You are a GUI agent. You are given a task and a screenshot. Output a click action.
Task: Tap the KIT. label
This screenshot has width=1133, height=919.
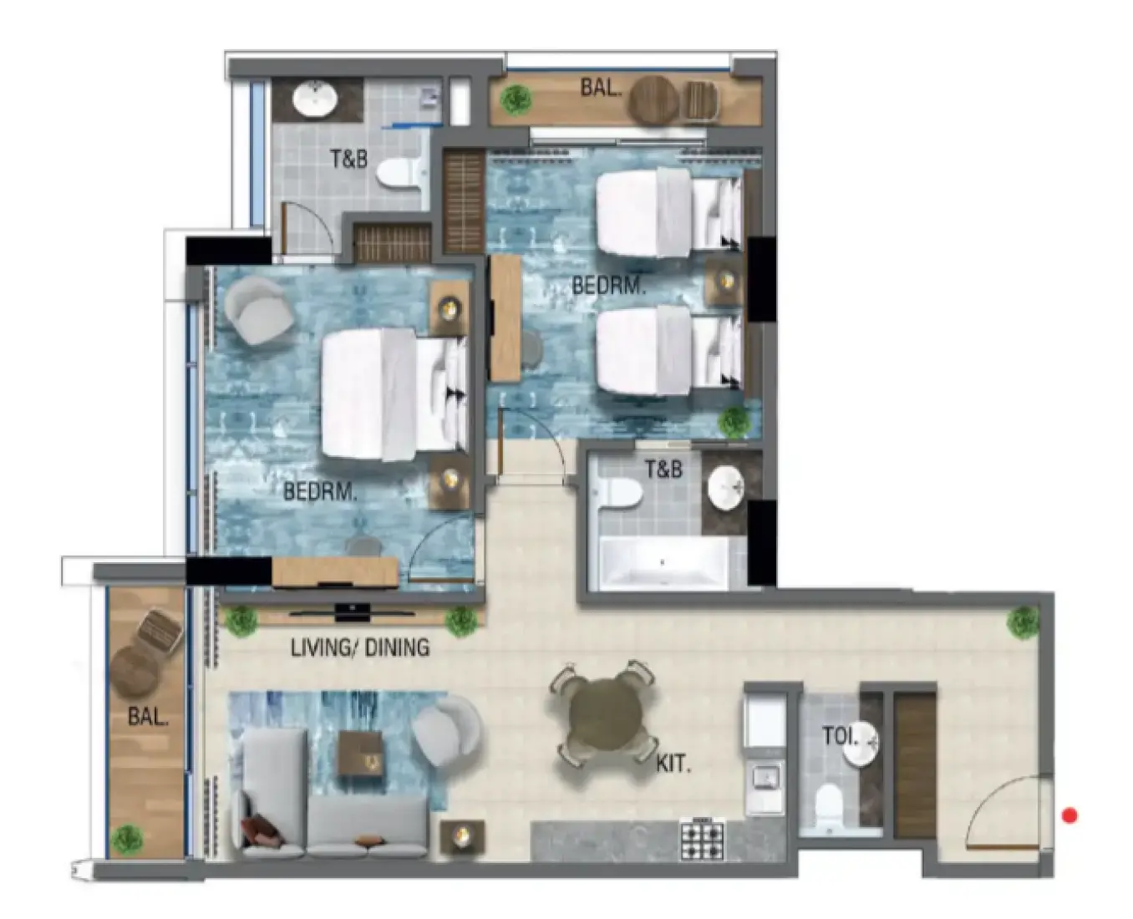pos(673,764)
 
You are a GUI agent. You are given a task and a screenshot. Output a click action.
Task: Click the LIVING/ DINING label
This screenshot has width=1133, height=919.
pos(360,647)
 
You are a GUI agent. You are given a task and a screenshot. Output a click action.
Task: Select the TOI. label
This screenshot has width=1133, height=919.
pos(841,736)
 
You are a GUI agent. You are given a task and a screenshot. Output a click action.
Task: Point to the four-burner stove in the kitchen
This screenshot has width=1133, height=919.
pos(703,840)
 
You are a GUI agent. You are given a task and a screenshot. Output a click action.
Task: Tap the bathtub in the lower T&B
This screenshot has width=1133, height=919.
pos(663,562)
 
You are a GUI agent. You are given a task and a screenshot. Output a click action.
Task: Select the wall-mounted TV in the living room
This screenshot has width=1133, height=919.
pos(352,612)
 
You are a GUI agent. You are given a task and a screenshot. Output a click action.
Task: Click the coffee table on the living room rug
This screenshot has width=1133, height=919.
pos(360,754)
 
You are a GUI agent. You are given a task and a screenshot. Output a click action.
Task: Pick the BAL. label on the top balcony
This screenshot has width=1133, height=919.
pos(601,87)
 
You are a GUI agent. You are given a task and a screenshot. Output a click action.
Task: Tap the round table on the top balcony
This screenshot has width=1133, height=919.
pos(653,100)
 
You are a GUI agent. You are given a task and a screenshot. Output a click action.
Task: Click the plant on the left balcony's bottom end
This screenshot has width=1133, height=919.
pos(127,840)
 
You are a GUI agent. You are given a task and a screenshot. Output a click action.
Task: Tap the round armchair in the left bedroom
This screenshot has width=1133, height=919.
pos(258,310)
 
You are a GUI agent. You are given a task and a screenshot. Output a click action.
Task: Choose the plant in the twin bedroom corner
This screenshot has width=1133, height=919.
pos(734,422)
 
